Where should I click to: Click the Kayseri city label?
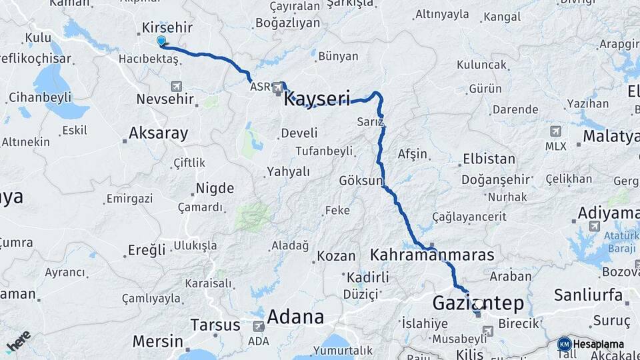317,99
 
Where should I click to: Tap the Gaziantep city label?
478,303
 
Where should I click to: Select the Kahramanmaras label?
432,255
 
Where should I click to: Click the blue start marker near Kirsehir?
161,41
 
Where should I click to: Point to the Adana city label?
295,317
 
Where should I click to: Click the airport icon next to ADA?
259,326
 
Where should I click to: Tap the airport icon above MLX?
555,131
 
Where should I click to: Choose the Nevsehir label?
165,99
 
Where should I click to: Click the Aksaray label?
158,133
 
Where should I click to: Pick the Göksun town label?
361,181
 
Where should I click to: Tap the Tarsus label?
215,325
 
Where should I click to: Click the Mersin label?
157,341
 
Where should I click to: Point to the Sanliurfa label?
589,295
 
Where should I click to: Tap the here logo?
18,340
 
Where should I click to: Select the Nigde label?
215,188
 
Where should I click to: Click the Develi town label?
299,133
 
